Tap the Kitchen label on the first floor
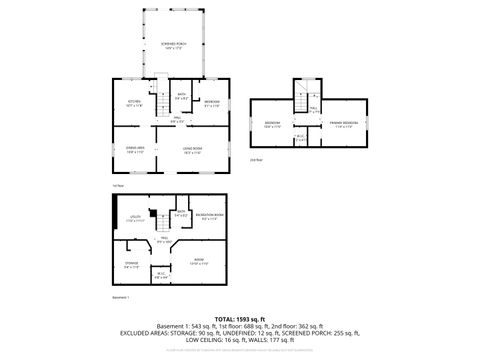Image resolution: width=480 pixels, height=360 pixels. coord(131,103)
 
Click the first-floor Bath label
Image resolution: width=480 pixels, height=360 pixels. coord(182,97)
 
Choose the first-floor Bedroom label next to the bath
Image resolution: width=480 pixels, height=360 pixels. coord(212,103)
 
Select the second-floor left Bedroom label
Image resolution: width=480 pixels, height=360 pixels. coord(272,125)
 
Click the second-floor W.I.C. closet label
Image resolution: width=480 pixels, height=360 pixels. coord(301,139)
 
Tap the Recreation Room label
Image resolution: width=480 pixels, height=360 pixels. coord(209,216)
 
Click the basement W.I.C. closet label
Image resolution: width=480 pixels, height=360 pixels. coord(161,275)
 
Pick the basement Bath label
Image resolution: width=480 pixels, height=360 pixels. coord(181,214)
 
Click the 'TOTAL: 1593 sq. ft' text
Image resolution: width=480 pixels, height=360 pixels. coord(239,319)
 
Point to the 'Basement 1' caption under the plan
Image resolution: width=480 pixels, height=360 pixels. coord(121,297)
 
